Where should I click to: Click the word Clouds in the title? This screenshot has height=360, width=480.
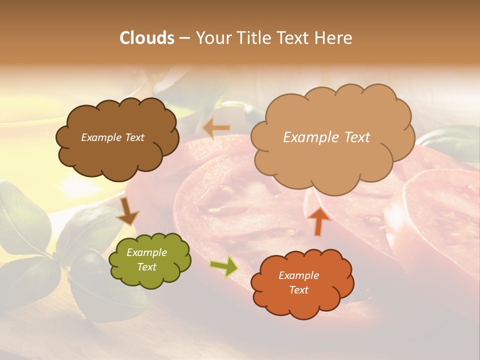(x=147, y=38)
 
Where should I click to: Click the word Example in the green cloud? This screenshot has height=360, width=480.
(x=146, y=252)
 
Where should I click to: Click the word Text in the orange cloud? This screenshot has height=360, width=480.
(x=299, y=290)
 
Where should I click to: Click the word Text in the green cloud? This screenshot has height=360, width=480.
(x=146, y=267)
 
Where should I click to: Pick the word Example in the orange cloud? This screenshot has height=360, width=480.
(x=299, y=275)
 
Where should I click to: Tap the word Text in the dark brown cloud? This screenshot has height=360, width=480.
(x=134, y=137)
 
